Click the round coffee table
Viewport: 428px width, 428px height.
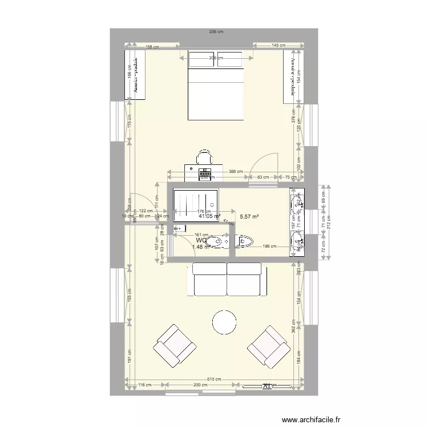click(224, 323)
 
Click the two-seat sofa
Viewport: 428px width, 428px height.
click(227, 279)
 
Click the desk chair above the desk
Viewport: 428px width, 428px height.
click(205, 157)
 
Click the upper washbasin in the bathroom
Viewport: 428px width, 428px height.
click(298, 203)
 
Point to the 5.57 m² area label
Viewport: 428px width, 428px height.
click(249, 217)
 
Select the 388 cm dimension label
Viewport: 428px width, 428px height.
click(235, 171)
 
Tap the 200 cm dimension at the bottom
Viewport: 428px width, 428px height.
click(200, 385)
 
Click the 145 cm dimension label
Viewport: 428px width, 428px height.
click(278, 45)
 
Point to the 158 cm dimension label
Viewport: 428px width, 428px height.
click(151, 47)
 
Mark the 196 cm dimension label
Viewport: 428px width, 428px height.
click(269, 247)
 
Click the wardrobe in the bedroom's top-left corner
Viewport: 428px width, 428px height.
click(135, 74)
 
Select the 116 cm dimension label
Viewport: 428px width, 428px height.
click(146, 385)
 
